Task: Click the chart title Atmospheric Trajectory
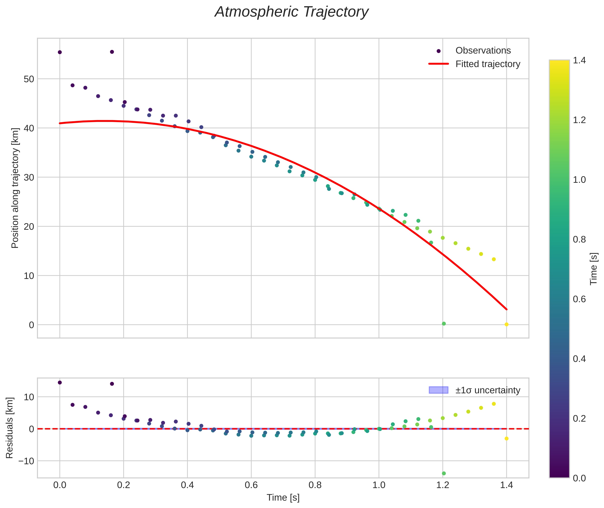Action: click(x=291, y=12)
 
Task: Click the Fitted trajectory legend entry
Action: click(x=474, y=64)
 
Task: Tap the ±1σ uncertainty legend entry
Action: click(x=474, y=390)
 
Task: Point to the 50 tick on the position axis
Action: click(x=29, y=79)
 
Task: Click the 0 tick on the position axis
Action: click(x=31, y=325)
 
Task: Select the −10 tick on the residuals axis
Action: click(x=26, y=461)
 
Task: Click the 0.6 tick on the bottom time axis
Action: click(x=251, y=485)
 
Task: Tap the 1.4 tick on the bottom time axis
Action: click(x=506, y=485)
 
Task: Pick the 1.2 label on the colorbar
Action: click(x=579, y=120)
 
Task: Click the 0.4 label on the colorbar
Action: click(x=579, y=358)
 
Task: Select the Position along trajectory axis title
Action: click(x=15, y=188)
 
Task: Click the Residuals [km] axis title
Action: click(x=9, y=428)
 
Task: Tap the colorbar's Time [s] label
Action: click(x=594, y=269)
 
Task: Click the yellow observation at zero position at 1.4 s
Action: click(x=506, y=325)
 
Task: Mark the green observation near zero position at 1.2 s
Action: click(x=444, y=324)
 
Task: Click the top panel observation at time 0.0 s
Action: click(x=60, y=52)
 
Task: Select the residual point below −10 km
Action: click(x=444, y=473)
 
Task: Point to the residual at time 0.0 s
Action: click(x=60, y=382)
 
